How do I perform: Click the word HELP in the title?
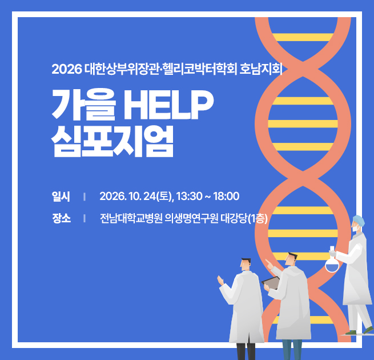pos(168,105)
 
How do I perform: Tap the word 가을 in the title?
pos(84,105)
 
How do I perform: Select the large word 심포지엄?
pos(112,141)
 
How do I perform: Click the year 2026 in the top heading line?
pos(67,69)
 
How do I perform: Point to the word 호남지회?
pos(261,69)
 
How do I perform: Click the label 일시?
pos(61,197)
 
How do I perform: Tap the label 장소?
pos(61,218)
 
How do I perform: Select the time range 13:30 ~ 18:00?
pos(208,196)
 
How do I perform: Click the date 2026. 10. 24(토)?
pos(136,197)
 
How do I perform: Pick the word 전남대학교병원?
pos(131,218)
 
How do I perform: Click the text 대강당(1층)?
pos(244,218)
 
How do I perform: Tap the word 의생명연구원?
pos(191,218)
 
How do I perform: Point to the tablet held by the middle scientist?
pos(271,282)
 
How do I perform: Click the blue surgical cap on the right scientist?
pos(359,221)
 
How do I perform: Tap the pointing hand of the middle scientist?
pos(270,264)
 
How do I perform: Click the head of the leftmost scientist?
pos(245,264)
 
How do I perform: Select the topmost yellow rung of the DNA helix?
pos(303,37)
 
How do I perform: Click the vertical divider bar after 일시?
pos(85,197)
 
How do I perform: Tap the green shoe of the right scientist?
pos(351,333)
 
